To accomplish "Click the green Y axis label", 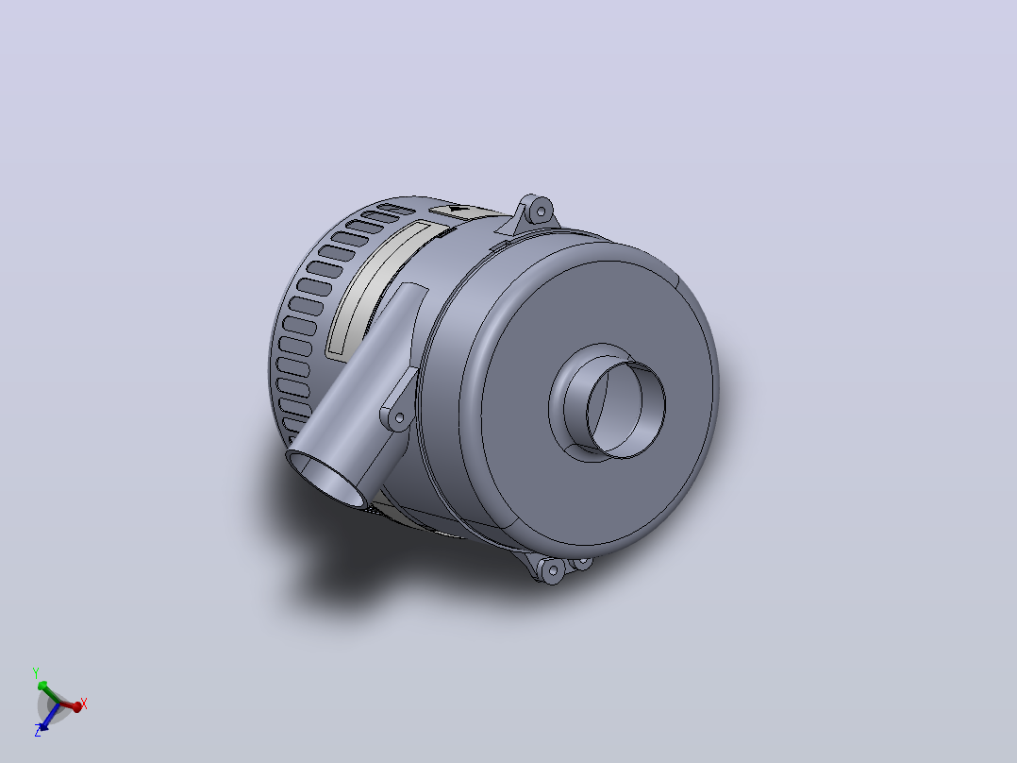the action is pyautogui.click(x=36, y=672).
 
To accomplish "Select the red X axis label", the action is pyautogui.click(x=83, y=704).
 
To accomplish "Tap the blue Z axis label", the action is pyautogui.click(x=38, y=732).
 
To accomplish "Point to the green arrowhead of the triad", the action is pyautogui.click(x=42, y=686).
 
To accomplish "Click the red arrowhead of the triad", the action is pyautogui.click(x=76, y=706).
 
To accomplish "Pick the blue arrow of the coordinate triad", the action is pyautogui.click(x=47, y=716).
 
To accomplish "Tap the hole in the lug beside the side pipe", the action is pyautogui.click(x=400, y=417).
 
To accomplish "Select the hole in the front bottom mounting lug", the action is pyautogui.click(x=553, y=572).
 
